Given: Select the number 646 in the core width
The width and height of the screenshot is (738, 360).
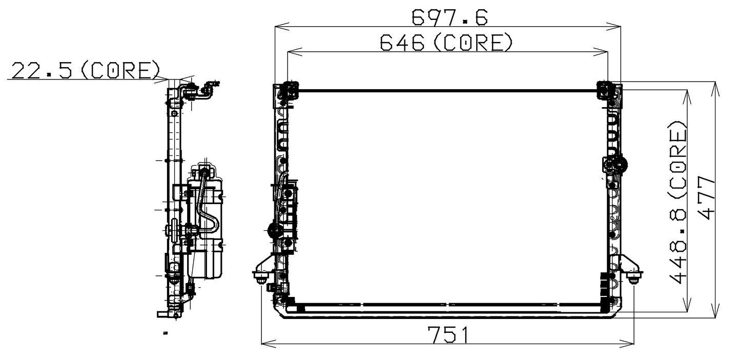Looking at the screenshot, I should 402,43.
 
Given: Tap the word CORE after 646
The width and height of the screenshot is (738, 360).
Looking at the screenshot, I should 472,43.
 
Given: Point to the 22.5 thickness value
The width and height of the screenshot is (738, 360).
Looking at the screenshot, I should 41,71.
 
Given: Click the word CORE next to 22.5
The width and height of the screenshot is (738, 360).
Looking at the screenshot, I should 121,71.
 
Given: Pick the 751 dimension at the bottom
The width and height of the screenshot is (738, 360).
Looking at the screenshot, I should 448,336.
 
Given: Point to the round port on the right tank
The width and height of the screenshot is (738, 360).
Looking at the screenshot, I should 619,165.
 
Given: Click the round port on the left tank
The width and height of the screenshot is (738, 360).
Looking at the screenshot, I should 273,231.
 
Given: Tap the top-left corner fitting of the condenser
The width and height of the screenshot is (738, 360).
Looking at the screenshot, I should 288,89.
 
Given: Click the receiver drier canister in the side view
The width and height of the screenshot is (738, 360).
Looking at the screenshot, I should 205,221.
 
